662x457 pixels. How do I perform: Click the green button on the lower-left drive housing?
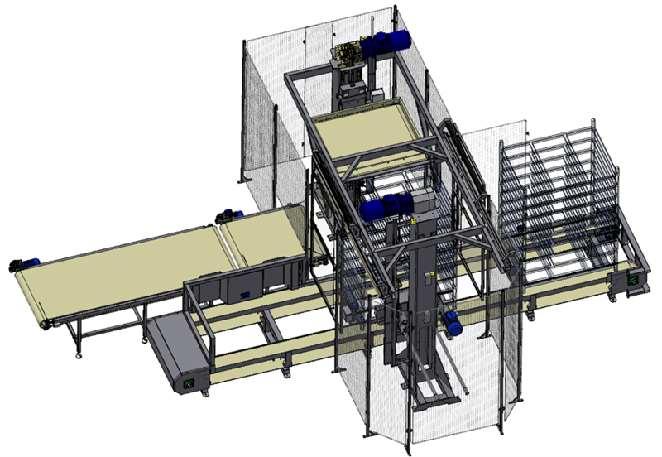pos(186,383)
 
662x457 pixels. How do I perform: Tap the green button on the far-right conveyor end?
pos(636,281)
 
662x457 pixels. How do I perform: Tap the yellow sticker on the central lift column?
pos(411,221)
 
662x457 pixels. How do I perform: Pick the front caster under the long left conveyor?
pos(79,357)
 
